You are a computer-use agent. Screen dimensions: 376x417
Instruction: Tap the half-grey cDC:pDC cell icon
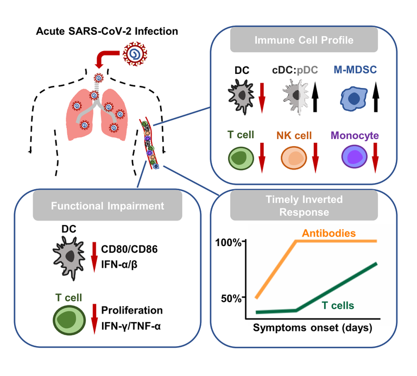pyautogui.click(x=295, y=98)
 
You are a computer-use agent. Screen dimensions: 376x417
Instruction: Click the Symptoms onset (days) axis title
pyautogui.click(x=313, y=328)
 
